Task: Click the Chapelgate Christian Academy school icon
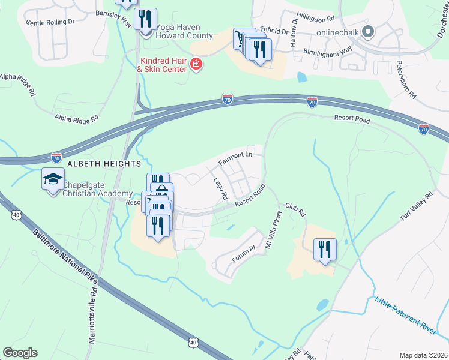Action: point(53,179)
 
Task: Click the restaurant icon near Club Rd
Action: point(325,249)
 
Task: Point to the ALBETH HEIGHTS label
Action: point(104,163)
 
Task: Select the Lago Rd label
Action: point(221,188)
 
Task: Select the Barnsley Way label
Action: point(113,18)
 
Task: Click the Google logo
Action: point(20,353)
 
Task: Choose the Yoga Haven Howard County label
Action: point(184,31)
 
